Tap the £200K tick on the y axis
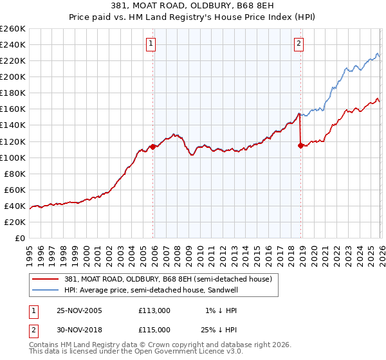(13, 76)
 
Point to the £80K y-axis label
(14, 174)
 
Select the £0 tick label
(20, 238)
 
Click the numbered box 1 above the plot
(151, 44)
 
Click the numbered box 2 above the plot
(300, 44)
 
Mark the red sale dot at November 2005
(152, 147)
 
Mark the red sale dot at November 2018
(300, 145)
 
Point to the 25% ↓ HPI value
(221, 329)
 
